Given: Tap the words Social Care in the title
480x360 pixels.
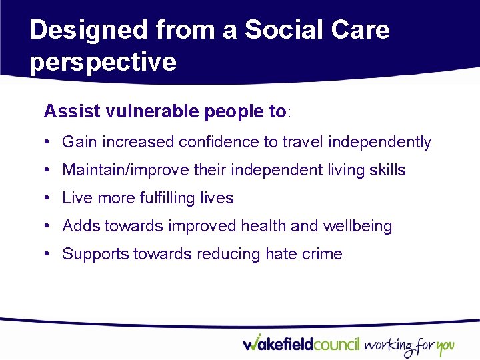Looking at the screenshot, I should pos(317,31).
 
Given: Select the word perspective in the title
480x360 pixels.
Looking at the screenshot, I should pos(103,62).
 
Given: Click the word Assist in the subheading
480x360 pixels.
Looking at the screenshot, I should pos(72,111).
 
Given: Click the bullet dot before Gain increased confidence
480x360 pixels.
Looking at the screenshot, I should pos(49,143).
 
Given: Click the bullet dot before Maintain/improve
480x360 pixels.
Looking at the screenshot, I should pos(49,171).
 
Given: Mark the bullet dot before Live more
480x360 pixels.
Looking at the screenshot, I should pos(49,199).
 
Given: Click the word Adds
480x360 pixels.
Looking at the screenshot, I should pos(79,226).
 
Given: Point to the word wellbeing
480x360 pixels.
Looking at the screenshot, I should pos(357,226).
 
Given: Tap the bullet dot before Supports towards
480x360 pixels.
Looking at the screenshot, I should pos(49,255).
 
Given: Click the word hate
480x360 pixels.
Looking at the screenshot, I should pos(282,254).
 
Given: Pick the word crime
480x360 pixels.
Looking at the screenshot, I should pos(325,254).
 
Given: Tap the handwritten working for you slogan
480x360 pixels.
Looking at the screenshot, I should pos(409,345).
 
